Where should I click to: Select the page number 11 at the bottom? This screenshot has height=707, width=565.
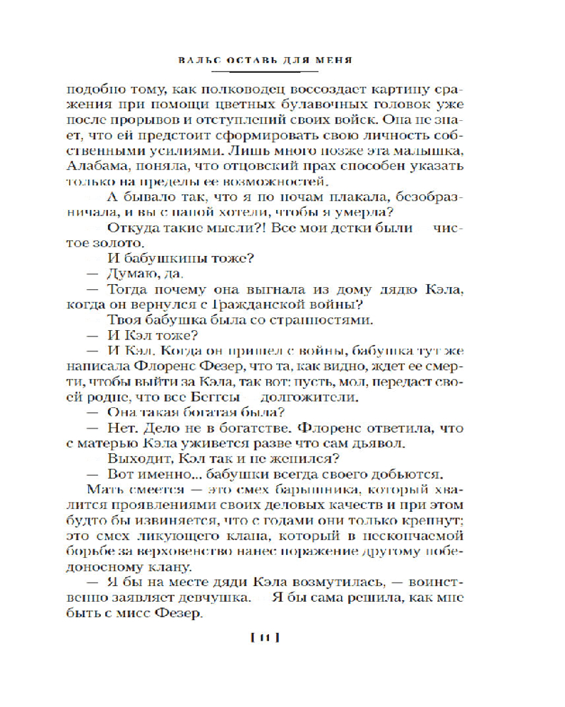click(x=266, y=639)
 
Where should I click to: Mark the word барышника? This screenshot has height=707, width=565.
click(x=272, y=489)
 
